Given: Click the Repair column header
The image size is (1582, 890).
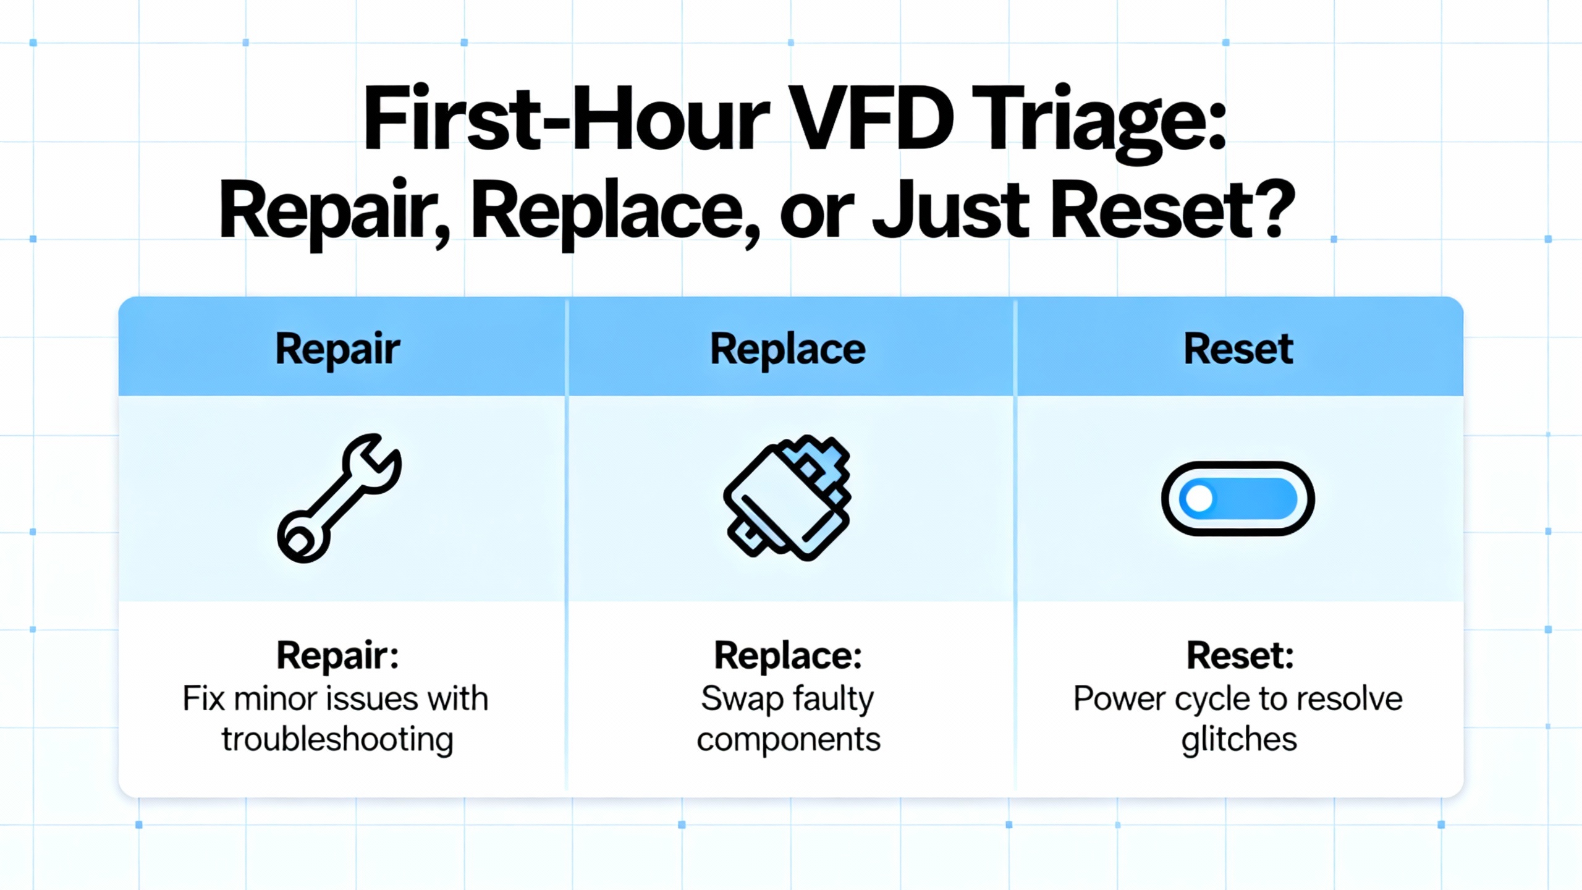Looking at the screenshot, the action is coord(337,350).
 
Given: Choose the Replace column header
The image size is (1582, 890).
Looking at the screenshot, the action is coord(788,350).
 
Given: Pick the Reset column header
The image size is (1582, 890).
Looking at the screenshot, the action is coord(1238,349).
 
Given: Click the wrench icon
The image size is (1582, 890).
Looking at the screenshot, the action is coord(339,498).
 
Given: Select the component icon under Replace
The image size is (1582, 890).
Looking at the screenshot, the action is coord(787,498).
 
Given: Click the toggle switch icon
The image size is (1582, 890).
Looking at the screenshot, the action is coord(1238,498).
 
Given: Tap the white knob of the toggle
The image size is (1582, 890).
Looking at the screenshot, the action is coord(1199,499).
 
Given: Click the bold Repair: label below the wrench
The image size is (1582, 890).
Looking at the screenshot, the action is coord(337,655).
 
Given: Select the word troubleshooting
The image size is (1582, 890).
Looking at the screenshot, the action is coord(337,739).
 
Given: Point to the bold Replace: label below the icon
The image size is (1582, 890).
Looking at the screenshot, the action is coord(788,655).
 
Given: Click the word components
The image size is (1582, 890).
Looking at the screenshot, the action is coord(789,740).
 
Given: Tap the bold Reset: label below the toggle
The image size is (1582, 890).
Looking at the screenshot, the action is coord(1240,655).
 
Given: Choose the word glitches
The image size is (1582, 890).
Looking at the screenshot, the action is coord(1239,739).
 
